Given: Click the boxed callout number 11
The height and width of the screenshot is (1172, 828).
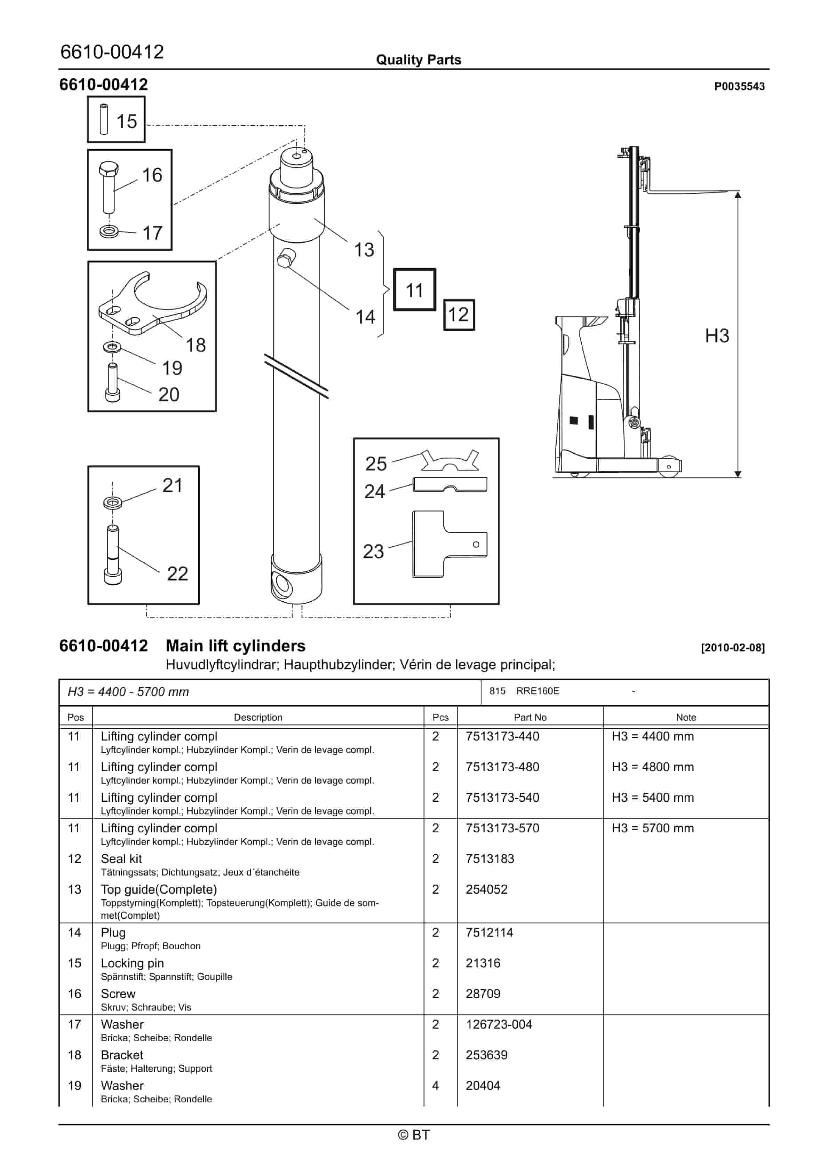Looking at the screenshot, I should pyautogui.click(x=414, y=290).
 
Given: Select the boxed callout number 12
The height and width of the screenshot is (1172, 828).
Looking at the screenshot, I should pyautogui.click(x=459, y=315).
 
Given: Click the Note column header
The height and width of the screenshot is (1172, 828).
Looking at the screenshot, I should pyautogui.click(x=686, y=717).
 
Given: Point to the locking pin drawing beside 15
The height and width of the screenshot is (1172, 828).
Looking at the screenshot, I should pyautogui.click(x=104, y=119).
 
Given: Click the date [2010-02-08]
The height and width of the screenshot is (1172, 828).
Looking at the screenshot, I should pyautogui.click(x=733, y=648).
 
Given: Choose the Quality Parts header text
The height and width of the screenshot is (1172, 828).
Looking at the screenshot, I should pyautogui.click(x=418, y=60).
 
